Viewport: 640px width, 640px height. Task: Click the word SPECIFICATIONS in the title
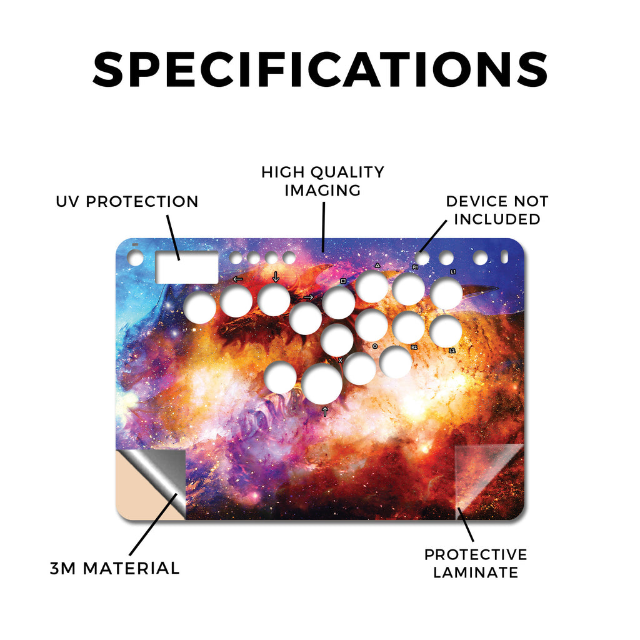(x=320, y=69)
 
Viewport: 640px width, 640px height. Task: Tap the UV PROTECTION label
(x=127, y=201)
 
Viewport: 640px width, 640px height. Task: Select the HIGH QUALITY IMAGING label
(x=323, y=181)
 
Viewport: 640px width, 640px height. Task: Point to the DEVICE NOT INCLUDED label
(x=497, y=210)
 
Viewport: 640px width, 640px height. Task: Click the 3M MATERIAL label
(x=115, y=568)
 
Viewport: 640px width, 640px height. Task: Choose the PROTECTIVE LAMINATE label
(x=476, y=563)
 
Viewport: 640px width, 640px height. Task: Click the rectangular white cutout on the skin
(x=187, y=267)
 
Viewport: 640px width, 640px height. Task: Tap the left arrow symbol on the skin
(x=237, y=279)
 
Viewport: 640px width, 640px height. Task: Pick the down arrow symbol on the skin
(x=276, y=277)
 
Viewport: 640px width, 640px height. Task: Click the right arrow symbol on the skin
(x=309, y=297)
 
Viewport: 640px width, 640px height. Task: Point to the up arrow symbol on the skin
(x=325, y=411)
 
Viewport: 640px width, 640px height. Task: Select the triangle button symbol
(x=377, y=265)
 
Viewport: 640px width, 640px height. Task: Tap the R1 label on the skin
(x=415, y=267)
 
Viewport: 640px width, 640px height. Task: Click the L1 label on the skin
(x=452, y=271)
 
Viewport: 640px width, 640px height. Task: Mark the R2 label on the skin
(x=414, y=347)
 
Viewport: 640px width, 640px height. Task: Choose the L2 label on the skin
(x=452, y=351)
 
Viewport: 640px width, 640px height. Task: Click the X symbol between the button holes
(x=341, y=361)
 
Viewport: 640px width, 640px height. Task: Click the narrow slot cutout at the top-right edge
(x=504, y=257)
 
